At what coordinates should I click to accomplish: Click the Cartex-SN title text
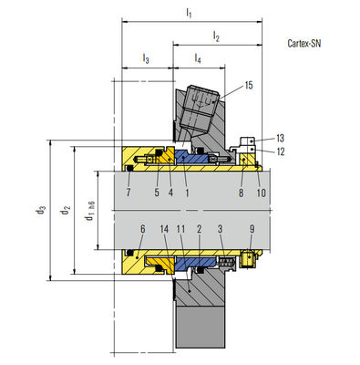pos(304,43)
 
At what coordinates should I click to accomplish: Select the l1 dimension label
pos(189,13)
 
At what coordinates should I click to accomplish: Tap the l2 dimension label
pos(216,36)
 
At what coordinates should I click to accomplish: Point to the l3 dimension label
pos(146,58)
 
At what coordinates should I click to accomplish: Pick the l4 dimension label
pos(198,58)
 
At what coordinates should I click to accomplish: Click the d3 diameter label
pos(41,210)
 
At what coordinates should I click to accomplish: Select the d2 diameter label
pos(65,210)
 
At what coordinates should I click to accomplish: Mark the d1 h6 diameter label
pos(89,211)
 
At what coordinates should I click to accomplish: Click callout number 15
pos(249,85)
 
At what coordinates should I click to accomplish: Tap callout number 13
pos(280,139)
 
